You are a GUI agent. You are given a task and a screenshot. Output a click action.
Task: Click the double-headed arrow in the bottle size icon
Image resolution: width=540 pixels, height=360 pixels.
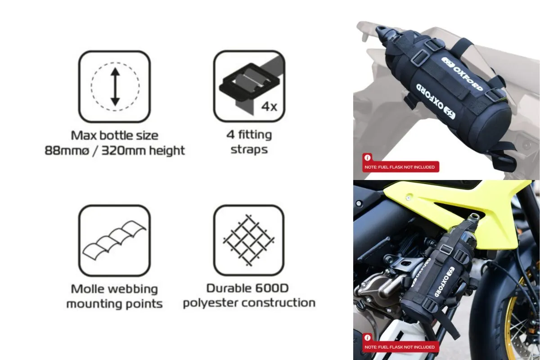115,87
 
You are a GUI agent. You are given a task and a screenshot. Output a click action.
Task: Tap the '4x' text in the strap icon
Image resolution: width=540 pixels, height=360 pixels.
269,106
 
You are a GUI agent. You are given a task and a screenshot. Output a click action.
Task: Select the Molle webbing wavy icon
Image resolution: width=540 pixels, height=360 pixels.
114,240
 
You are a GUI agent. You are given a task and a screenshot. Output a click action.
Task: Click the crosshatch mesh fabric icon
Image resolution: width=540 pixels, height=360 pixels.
249,240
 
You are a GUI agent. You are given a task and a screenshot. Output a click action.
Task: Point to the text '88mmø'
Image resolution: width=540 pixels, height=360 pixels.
67,151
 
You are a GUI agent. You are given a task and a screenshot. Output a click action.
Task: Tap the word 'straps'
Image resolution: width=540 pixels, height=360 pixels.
249,150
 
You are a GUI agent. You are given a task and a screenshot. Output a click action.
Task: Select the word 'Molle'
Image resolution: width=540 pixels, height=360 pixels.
86,288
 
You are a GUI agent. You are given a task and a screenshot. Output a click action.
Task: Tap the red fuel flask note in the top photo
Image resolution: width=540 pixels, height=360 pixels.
400,167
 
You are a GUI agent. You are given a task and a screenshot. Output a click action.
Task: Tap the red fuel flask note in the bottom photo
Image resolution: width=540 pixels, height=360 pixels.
400,347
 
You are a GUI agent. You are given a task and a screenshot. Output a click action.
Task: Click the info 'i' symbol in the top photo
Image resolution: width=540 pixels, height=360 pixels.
367,157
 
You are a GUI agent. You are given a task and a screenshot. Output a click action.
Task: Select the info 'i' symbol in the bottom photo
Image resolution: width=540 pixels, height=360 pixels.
367,337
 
